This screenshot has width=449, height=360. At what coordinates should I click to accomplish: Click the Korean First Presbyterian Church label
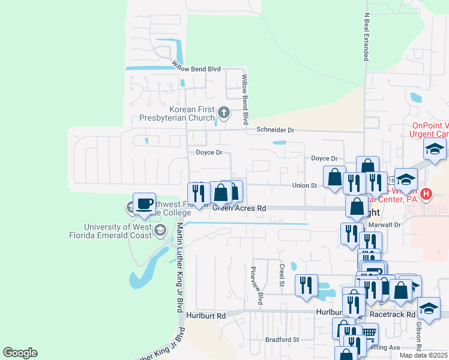pyautogui.click(x=188, y=113)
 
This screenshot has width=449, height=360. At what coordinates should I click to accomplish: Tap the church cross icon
pyautogui.click(x=223, y=112)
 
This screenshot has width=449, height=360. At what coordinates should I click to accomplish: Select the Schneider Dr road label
pyautogui.click(x=276, y=130)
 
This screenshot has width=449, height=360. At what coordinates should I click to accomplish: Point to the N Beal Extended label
pyautogui.click(x=366, y=37)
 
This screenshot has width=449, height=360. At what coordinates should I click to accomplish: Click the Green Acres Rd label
pyautogui.click(x=239, y=209)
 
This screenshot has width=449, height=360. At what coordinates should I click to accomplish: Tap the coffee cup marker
pyautogui.click(x=144, y=203)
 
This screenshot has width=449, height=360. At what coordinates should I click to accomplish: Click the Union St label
pyautogui.click(x=304, y=185)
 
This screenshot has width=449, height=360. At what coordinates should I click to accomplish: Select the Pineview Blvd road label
pyautogui.click(x=260, y=285)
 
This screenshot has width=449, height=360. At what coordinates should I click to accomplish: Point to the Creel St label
pyautogui.click(x=281, y=274)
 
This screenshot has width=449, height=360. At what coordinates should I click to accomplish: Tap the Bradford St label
pyautogui.click(x=282, y=340)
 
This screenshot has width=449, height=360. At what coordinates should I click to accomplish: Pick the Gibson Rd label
pyautogui.click(x=419, y=335)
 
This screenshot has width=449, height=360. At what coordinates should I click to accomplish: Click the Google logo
pyautogui.click(x=20, y=353)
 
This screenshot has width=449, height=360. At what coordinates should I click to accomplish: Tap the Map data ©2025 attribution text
pyautogui.click(x=424, y=355)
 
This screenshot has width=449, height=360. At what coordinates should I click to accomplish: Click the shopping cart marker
pyautogui.click(x=368, y=332)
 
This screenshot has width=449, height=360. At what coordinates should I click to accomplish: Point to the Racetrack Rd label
pyautogui.click(x=394, y=314)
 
